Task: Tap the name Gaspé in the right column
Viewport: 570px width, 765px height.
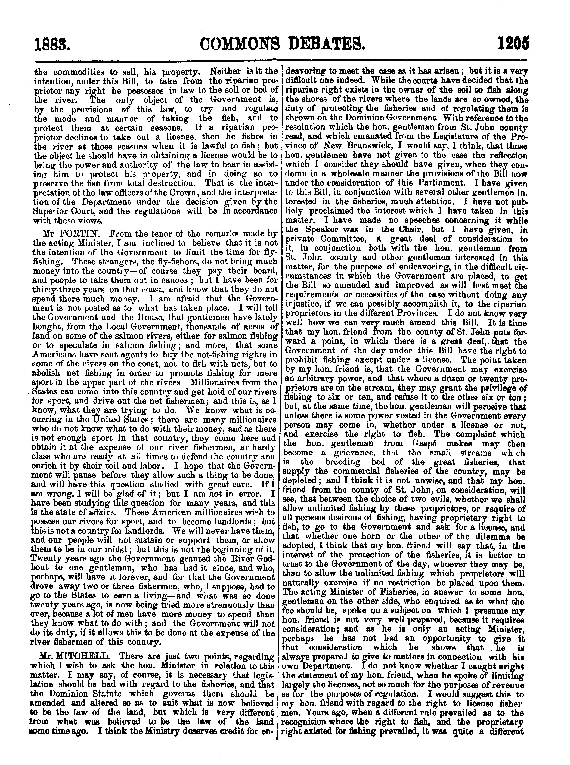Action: pos(425,444)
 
